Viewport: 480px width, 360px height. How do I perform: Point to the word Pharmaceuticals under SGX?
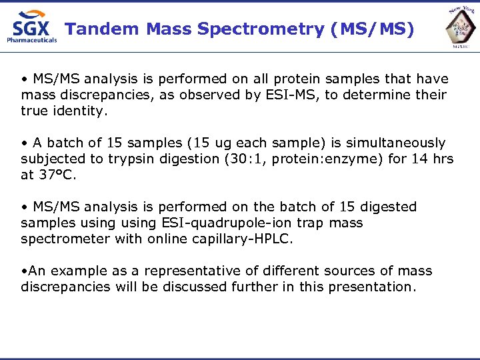coord(32,40)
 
